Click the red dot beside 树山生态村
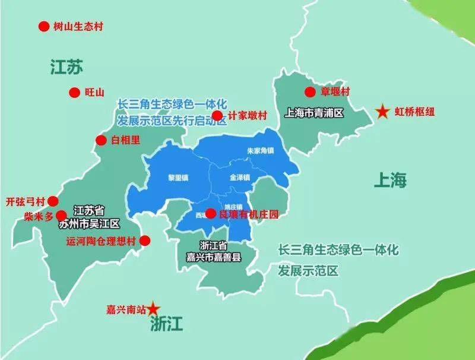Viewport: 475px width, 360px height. tap(43, 27)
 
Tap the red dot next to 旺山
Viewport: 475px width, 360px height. tap(74, 92)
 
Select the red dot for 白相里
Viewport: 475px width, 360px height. tap(101, 140)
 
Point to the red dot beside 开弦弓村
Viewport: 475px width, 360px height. tap(53, 201)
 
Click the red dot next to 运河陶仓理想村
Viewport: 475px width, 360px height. tap(144, 241)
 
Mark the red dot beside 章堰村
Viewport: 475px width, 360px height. tap(310, 91)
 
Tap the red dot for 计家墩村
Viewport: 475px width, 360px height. tap(217, 115)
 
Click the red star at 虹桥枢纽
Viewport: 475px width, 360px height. tap(383, 111)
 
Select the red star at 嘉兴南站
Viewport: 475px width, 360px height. tap(154, 308)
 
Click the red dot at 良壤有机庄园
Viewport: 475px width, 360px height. tap(210, 213)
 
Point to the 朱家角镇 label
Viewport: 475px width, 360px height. tap(261, 151)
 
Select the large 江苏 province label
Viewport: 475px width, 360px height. tap(66, 68)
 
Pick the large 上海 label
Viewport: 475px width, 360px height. tap(390, 179)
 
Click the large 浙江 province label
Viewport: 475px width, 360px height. tap(167, 324)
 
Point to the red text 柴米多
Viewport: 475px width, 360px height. tap(39, 216)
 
